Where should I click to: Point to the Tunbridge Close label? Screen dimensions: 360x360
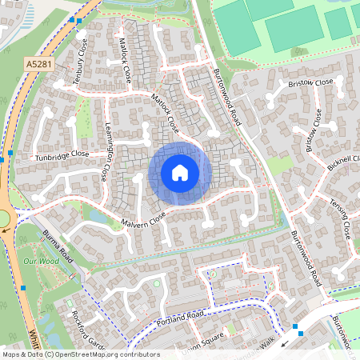click(61, 154)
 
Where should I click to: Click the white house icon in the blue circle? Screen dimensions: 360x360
click(180, 173)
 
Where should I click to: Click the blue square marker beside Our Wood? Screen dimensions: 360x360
click(23, 287)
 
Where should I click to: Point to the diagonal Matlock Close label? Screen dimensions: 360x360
click(163, 111)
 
